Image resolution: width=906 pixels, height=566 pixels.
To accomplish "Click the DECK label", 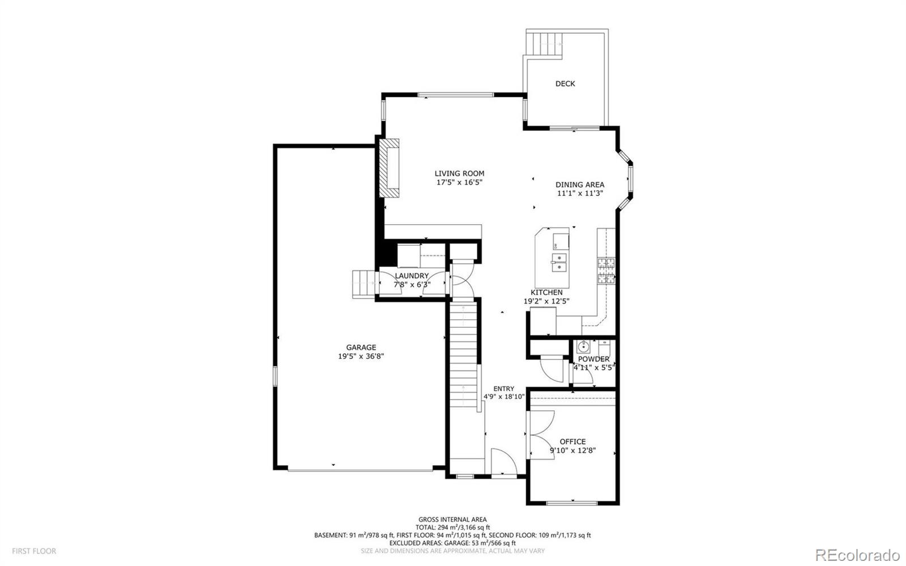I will point(565,84).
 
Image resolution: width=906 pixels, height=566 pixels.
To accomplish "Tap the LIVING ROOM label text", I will point(459,174).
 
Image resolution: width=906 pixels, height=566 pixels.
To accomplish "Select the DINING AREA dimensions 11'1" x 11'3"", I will point(579,193).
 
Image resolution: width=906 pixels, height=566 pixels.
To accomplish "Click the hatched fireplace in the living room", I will point(390,168).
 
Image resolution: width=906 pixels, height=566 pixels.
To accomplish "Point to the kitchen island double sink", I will point(558,263).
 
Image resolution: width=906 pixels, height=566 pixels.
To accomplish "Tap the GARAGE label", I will point(361,348).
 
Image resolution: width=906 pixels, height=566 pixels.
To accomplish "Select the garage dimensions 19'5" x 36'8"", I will point(361,357).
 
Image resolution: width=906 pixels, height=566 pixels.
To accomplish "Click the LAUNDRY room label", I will point(412,276).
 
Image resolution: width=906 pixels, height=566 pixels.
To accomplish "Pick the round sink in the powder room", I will point(583,346).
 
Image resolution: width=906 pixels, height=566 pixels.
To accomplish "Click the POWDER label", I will point(593,359).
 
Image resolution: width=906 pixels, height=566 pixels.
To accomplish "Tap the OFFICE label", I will point(572,441).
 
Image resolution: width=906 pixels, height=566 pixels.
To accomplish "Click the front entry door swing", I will point(503,463).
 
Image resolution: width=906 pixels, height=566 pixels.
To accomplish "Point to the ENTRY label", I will point(503,388).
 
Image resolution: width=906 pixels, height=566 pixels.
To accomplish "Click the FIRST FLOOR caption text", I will point(34,551).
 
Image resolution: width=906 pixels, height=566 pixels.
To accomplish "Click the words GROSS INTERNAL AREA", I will point(452,520).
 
